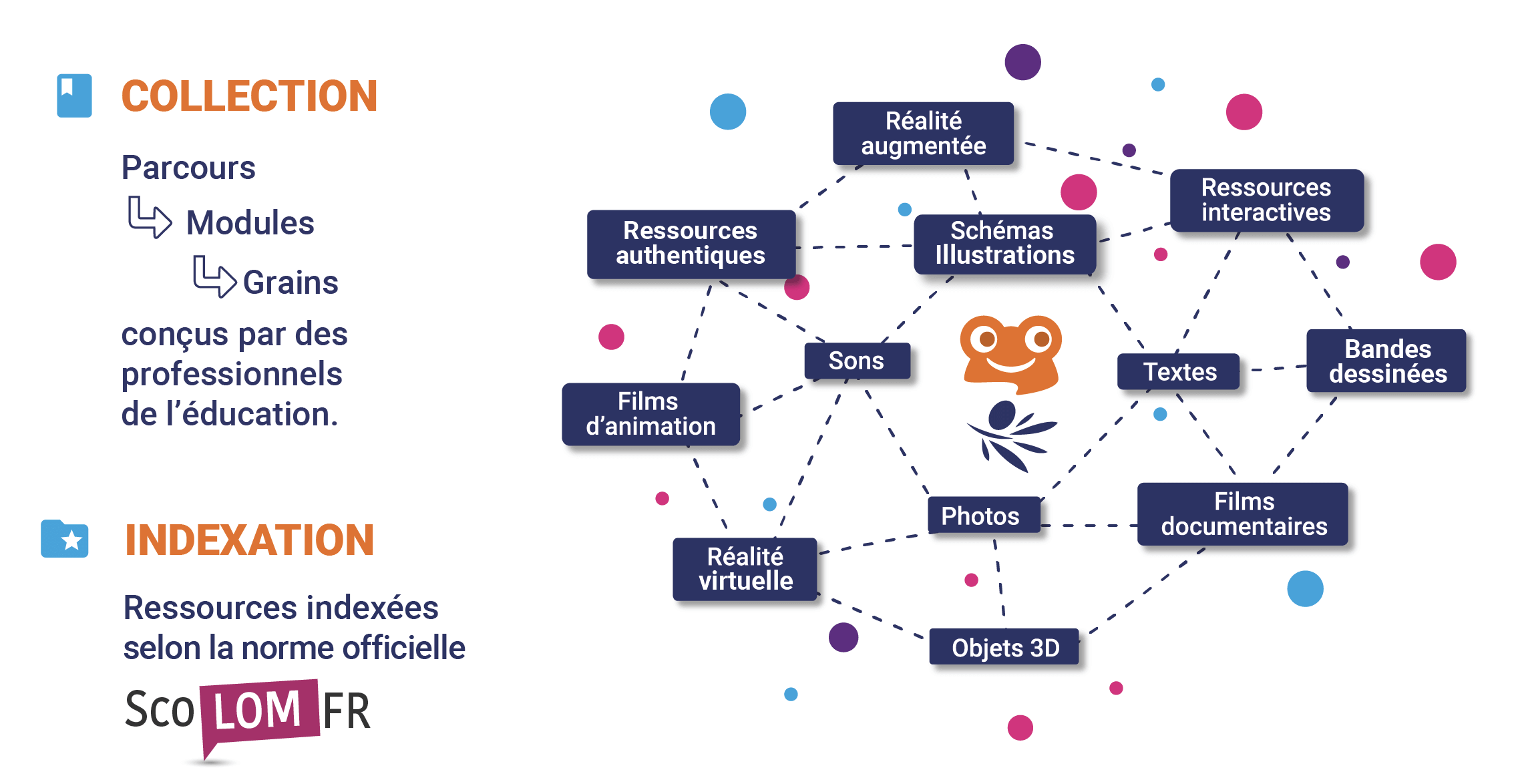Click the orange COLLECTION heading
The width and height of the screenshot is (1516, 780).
tap(249, 96)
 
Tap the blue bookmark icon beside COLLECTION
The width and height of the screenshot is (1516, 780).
tap(74, 95)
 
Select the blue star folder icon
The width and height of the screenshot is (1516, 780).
tap(65, 538)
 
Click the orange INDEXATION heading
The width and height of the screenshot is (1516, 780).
tap(249, 540)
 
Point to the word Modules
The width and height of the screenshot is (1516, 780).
tap(250, 223)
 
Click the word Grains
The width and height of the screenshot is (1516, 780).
tap(291, 282)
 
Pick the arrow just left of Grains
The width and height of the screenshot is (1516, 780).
tap(214, 276)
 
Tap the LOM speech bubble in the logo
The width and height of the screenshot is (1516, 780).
tap(259, 711)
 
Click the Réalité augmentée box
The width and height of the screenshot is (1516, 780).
tap(923, 134)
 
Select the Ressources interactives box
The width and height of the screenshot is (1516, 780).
tap(1266, 200)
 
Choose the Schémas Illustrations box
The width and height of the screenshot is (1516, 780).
tap(1004, 243)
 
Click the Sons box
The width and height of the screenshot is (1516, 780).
tap(857, 361)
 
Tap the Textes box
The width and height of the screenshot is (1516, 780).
tap(1179, 372)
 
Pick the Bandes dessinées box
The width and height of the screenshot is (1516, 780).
tap(1386, 361)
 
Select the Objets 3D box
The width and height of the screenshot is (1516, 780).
tap(1004, 647)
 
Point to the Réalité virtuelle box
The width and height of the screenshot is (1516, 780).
tap(745, 569)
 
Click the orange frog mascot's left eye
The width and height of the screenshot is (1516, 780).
tap(984, 339)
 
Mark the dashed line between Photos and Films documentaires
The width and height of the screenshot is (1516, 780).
tap(1089, 526)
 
